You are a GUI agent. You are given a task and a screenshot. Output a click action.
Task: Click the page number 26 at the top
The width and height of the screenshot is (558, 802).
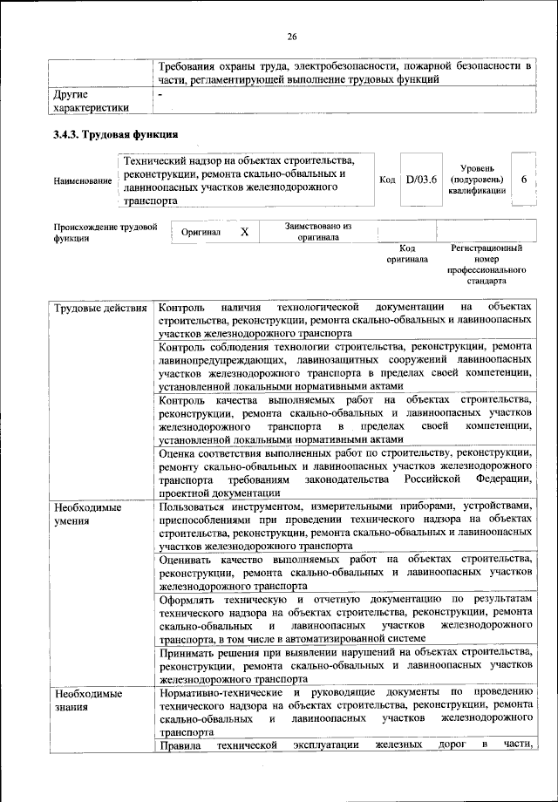292,36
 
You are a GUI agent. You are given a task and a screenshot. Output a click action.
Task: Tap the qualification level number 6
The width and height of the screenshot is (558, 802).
523,179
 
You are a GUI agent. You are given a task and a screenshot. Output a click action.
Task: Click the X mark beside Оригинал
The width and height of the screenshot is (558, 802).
244,233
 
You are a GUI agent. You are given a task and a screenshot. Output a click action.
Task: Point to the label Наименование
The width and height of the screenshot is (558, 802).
83,180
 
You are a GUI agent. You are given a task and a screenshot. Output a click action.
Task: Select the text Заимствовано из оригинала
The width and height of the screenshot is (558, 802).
318,231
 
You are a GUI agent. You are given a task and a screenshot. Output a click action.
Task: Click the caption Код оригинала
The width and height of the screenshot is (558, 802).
407,254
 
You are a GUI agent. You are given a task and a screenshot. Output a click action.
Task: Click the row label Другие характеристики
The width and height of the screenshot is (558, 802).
92,99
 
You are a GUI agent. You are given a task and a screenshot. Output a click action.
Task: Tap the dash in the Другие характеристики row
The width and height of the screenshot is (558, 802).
160,92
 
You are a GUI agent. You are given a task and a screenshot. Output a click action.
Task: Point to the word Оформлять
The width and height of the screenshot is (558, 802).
189,601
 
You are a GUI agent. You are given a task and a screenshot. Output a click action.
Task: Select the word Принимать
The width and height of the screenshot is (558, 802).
190,652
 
